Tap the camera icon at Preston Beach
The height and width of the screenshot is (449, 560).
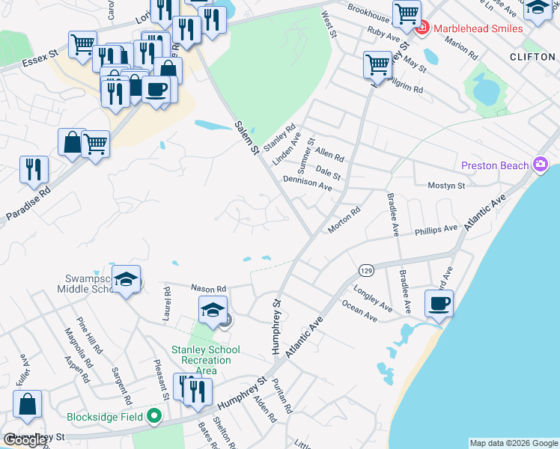(x=541, y=165)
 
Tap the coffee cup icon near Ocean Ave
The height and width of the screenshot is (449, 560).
(x=438, y=304)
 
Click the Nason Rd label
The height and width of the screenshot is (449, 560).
(x=208, y=288)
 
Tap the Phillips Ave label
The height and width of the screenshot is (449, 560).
(x=436, y=229)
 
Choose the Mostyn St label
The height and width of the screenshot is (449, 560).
(x=446, y=185)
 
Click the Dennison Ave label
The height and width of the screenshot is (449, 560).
(x=307, y=183)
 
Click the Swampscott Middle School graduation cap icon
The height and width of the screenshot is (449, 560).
(x=127, y=281)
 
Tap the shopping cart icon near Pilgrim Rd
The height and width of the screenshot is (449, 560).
(x=378, y=64)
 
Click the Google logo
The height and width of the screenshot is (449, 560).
(x=25, y=440)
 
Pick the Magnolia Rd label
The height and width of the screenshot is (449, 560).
(x=76, y=343)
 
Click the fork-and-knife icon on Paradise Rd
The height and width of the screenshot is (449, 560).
(x=34, y=169)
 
